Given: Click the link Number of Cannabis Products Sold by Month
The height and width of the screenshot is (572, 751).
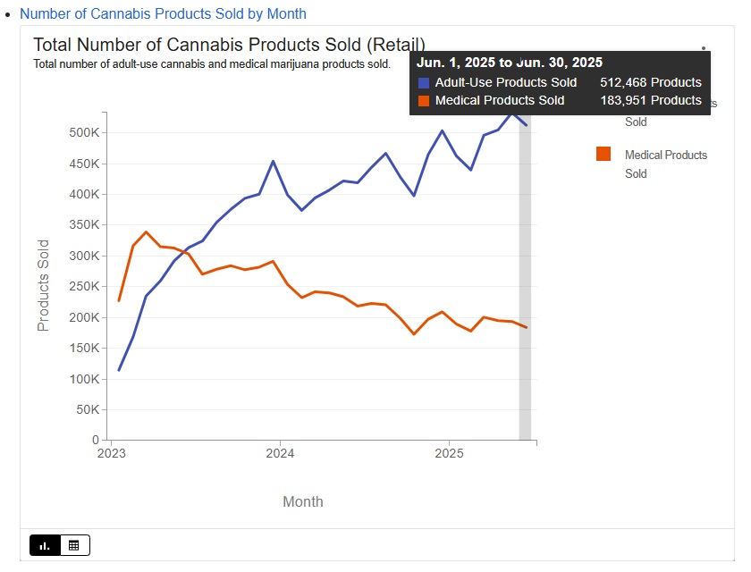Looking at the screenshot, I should coord(163,14).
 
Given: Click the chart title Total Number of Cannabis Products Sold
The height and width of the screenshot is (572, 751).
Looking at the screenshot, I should coord(229,45).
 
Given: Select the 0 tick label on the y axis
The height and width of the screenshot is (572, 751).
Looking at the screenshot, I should coord(95,441).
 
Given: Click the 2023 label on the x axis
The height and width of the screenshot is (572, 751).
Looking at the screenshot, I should coord(111,452).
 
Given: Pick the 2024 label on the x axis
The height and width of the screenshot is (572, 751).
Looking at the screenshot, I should coord(280,452).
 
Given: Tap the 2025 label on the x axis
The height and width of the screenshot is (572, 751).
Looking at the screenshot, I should coord(449,452).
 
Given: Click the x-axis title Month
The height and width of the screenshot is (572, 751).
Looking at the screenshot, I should coord(303,501).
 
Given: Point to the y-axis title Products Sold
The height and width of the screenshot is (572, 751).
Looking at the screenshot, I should coord(43,285).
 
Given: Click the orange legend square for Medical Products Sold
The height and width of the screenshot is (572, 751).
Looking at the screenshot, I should coord(603,154).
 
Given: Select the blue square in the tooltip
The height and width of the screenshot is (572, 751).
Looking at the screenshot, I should coord(424,82).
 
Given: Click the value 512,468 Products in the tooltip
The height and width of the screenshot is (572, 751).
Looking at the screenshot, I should coord(650,82).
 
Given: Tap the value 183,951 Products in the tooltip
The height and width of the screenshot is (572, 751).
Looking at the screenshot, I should coord(650,100).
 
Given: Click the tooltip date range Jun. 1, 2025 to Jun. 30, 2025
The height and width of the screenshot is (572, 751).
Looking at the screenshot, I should coord(509,63).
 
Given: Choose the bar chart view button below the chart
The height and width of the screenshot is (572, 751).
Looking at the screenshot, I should coord(45,544).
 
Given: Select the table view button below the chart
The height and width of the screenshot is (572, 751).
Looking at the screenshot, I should coord(74,544).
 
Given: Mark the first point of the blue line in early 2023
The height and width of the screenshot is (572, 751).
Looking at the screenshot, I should coord(119,370).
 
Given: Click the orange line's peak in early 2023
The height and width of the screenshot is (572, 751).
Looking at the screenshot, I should coord(146,232).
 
